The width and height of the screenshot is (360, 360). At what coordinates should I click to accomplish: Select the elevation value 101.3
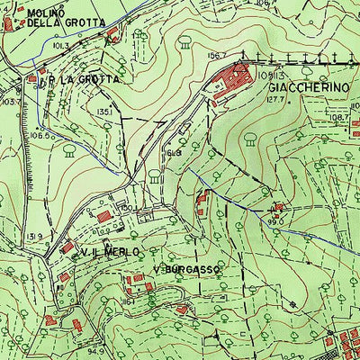pos(61,44)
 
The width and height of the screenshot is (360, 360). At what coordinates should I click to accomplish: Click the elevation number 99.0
pos(275,219)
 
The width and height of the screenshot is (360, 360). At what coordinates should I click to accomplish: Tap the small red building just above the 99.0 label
pos(277,207)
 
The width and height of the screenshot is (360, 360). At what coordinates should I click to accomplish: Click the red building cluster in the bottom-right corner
pos(347,346)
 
